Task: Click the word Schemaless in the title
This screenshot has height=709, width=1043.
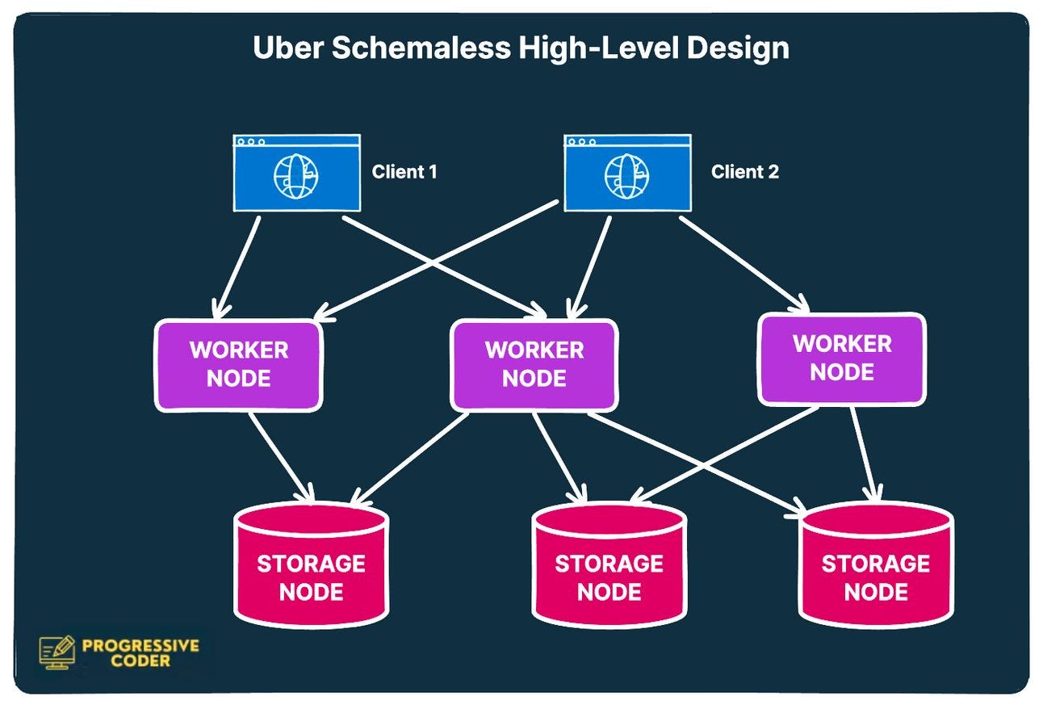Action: (x=421, y=48)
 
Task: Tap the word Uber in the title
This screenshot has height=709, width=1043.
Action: (x=288, y=48)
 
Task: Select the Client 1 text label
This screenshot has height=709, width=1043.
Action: (x=404, y=172)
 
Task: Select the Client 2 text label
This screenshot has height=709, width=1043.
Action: (x=744, y=172)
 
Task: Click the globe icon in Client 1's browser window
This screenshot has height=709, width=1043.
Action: (x=295, y=177)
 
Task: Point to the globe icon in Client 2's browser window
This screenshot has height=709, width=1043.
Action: (x=626, y=177)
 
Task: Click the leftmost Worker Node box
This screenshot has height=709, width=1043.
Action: (x=238, y=365)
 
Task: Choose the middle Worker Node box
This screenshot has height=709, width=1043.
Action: (x=534, y=365)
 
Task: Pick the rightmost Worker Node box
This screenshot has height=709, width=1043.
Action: (x=842, y=359)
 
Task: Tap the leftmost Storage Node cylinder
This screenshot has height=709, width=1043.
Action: (x=311, y=565)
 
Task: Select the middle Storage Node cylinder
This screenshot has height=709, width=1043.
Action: (x=609, y=565)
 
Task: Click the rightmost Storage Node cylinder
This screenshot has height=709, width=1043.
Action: (x=876, y=565)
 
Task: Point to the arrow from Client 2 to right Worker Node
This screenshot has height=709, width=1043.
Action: (x=744, y=264)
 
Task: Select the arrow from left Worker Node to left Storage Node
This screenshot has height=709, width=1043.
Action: (x=281, y=457)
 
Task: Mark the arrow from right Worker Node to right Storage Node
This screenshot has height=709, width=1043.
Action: (x=865, y=454)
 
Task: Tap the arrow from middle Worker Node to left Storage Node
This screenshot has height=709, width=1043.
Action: (x=408, y=458)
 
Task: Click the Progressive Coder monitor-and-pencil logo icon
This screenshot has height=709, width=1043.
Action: (x=57, y=652)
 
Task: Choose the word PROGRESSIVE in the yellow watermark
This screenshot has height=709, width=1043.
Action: (x=140, y=646)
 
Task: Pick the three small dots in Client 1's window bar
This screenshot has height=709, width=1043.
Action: (x=251, y=141)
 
